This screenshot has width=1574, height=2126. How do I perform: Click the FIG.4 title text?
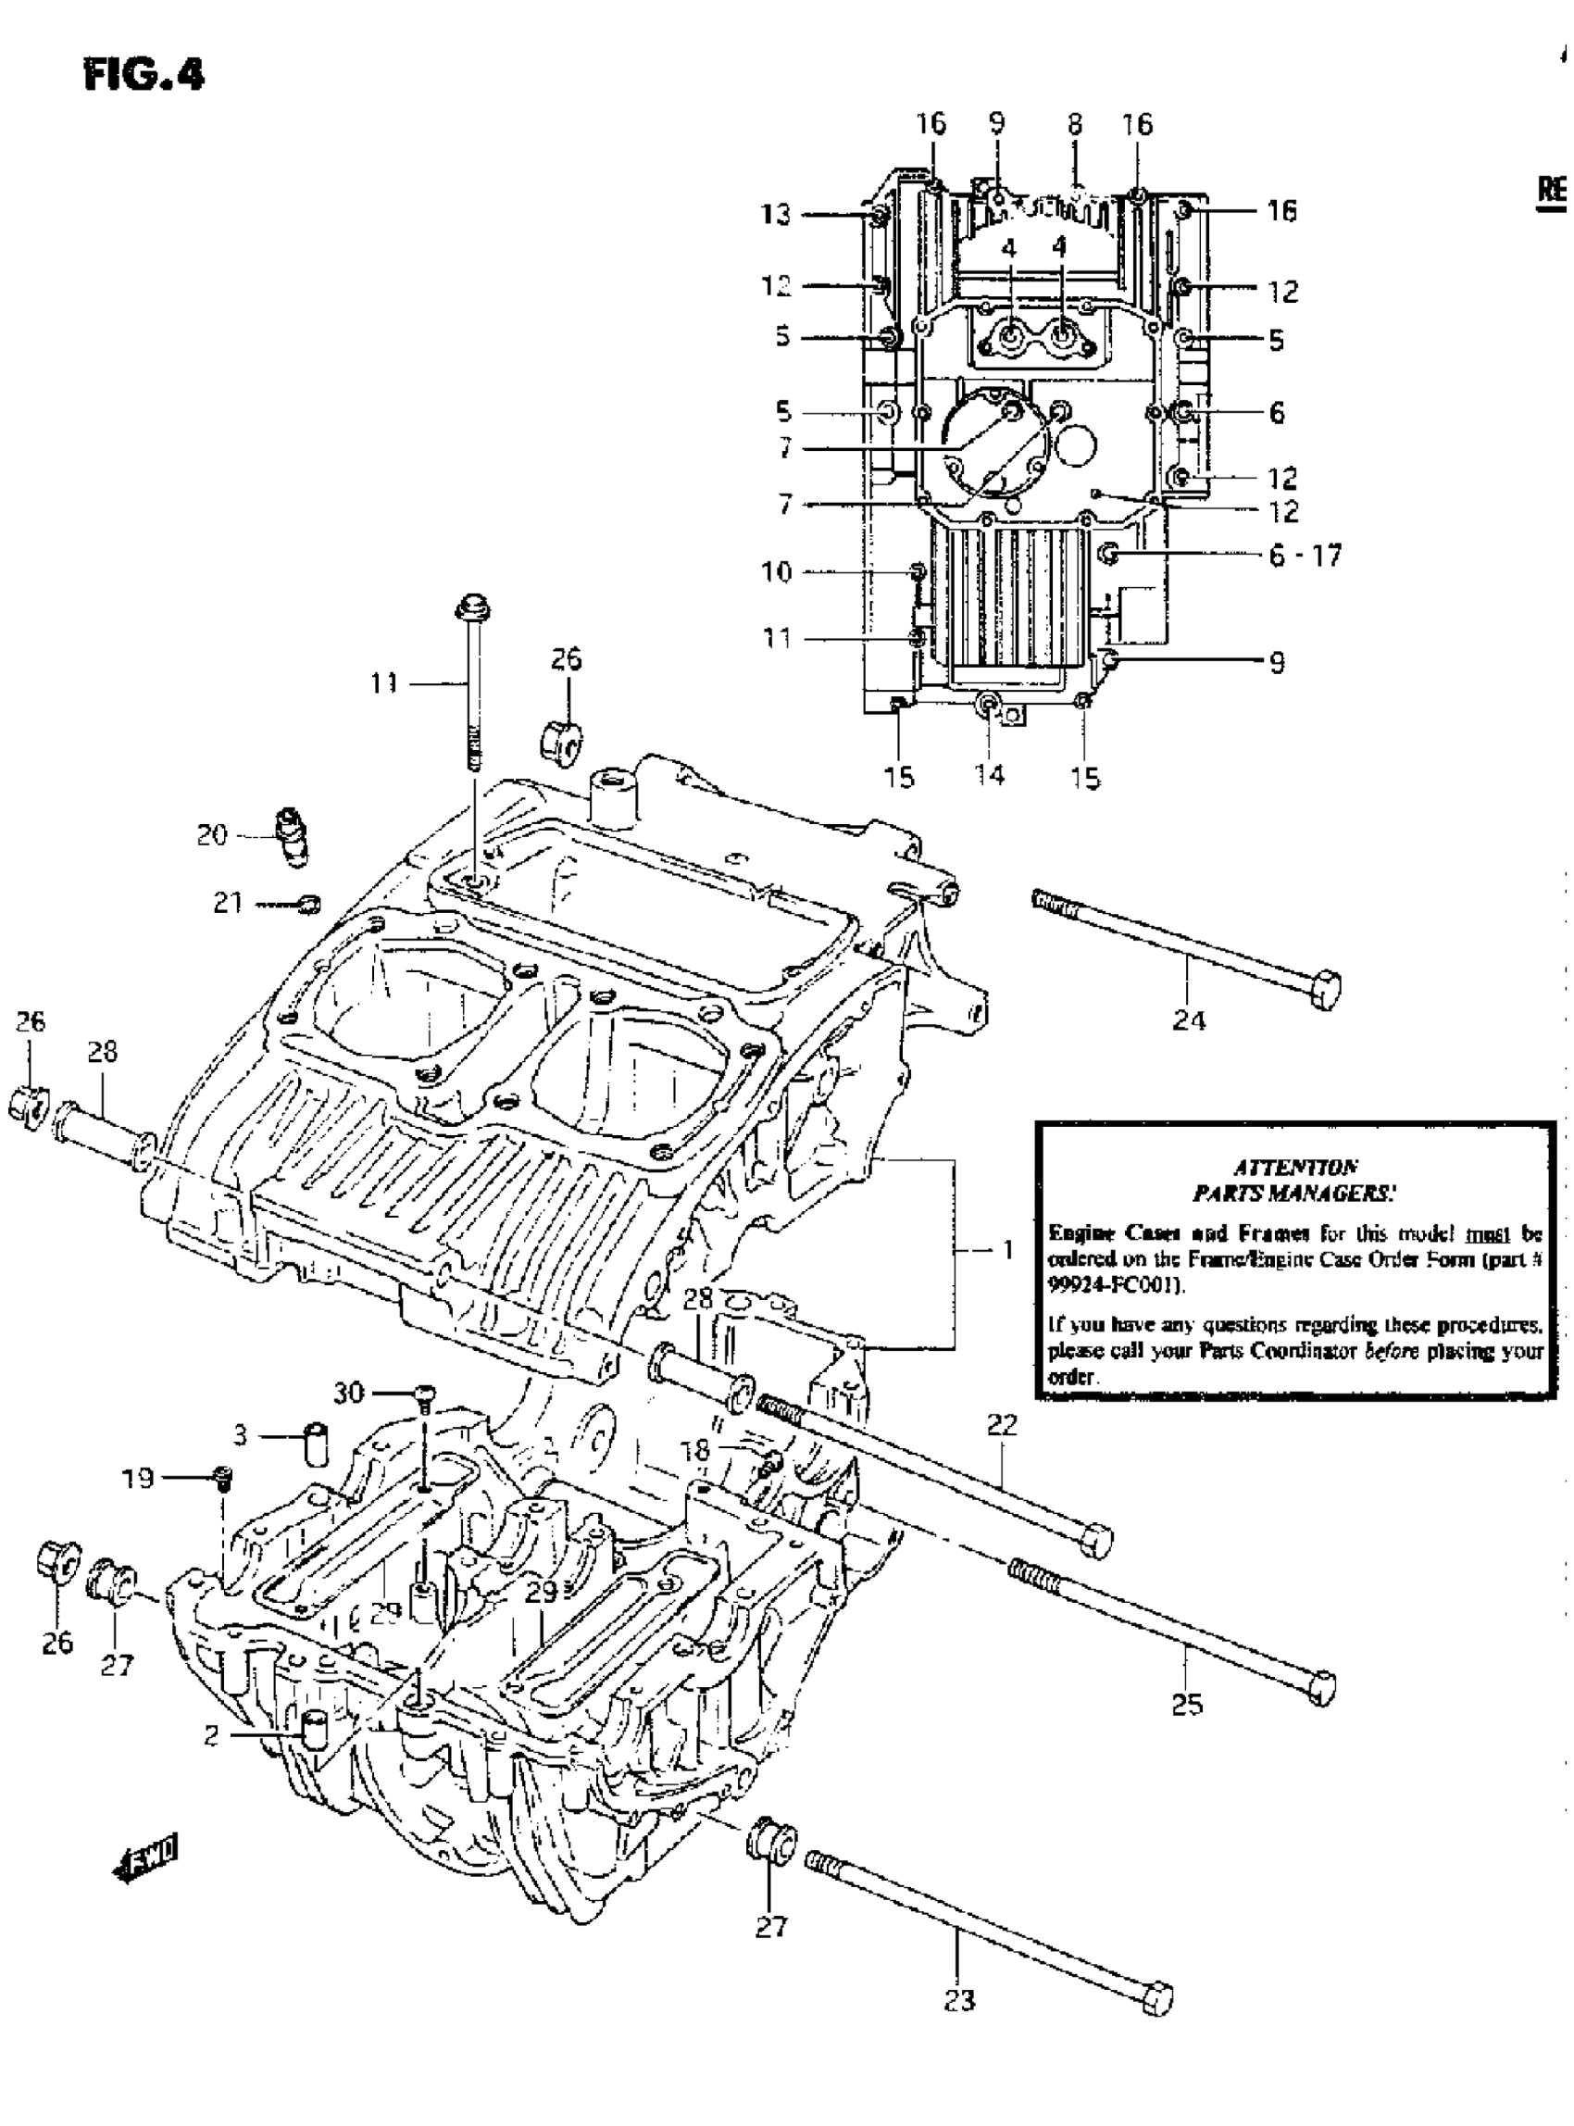tap(144, 74)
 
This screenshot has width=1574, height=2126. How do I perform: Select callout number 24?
tap(1188, 1021)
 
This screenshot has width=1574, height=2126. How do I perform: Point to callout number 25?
tap(1187, 1705)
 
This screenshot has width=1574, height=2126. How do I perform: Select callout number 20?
tap(212, 836)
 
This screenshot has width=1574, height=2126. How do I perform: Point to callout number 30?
tap(348, 1394)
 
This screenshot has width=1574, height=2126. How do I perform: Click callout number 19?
tap(137, 1478)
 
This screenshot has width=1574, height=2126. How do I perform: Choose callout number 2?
tap(211, 1734)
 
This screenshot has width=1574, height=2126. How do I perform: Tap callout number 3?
tap(240, 1435)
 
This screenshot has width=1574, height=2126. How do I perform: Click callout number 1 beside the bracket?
tap(1008, 1250)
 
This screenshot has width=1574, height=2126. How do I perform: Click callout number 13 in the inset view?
tap(776, 215)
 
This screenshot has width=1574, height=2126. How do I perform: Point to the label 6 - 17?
tap(1305, 556)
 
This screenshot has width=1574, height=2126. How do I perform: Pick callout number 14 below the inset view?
tap(989, 776)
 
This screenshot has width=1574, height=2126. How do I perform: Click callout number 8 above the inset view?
tap(1075, 125)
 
